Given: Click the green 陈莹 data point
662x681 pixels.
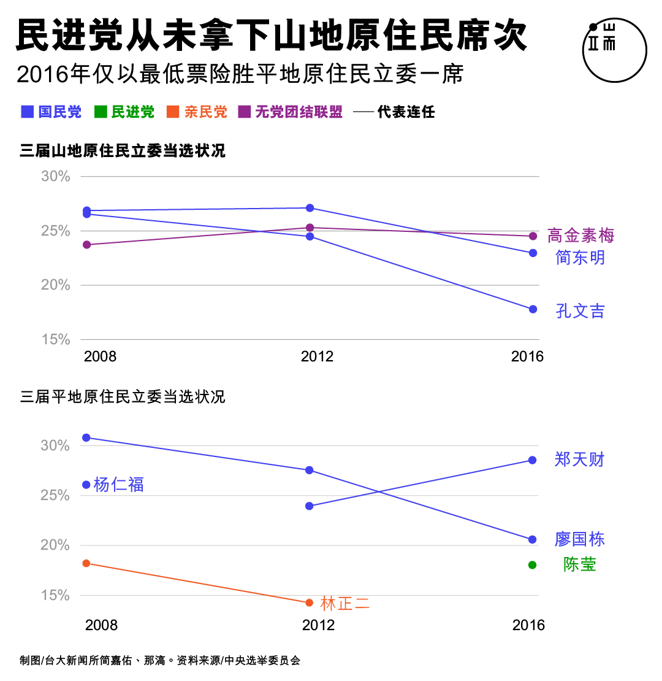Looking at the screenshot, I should tap(533, 565).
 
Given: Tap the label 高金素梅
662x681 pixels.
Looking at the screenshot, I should tap(580, 236).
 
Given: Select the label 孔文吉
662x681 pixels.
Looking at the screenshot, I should tap(580, 311).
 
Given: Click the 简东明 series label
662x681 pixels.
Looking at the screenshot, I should tap(580, 257).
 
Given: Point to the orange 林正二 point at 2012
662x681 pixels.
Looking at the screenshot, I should tap(309, 602).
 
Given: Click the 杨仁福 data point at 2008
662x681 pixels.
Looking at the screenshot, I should tap(86, 485).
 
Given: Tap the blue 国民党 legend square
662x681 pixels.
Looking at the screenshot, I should tap(28, 112).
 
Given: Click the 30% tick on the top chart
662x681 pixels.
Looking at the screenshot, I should tap(56, 177).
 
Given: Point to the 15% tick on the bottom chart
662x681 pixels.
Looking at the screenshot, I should tap(56, 595).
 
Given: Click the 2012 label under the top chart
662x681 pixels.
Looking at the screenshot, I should tap(317, 356).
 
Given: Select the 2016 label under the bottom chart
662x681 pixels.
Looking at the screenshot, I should tap(528, 625).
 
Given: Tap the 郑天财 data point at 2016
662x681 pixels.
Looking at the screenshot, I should tap(533, 460).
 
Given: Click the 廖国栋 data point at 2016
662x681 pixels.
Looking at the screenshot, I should tap(533, 539).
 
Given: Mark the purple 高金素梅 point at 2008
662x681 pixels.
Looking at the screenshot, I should tap(86, 245).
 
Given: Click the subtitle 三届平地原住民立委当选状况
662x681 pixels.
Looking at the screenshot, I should tap(123, 397).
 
